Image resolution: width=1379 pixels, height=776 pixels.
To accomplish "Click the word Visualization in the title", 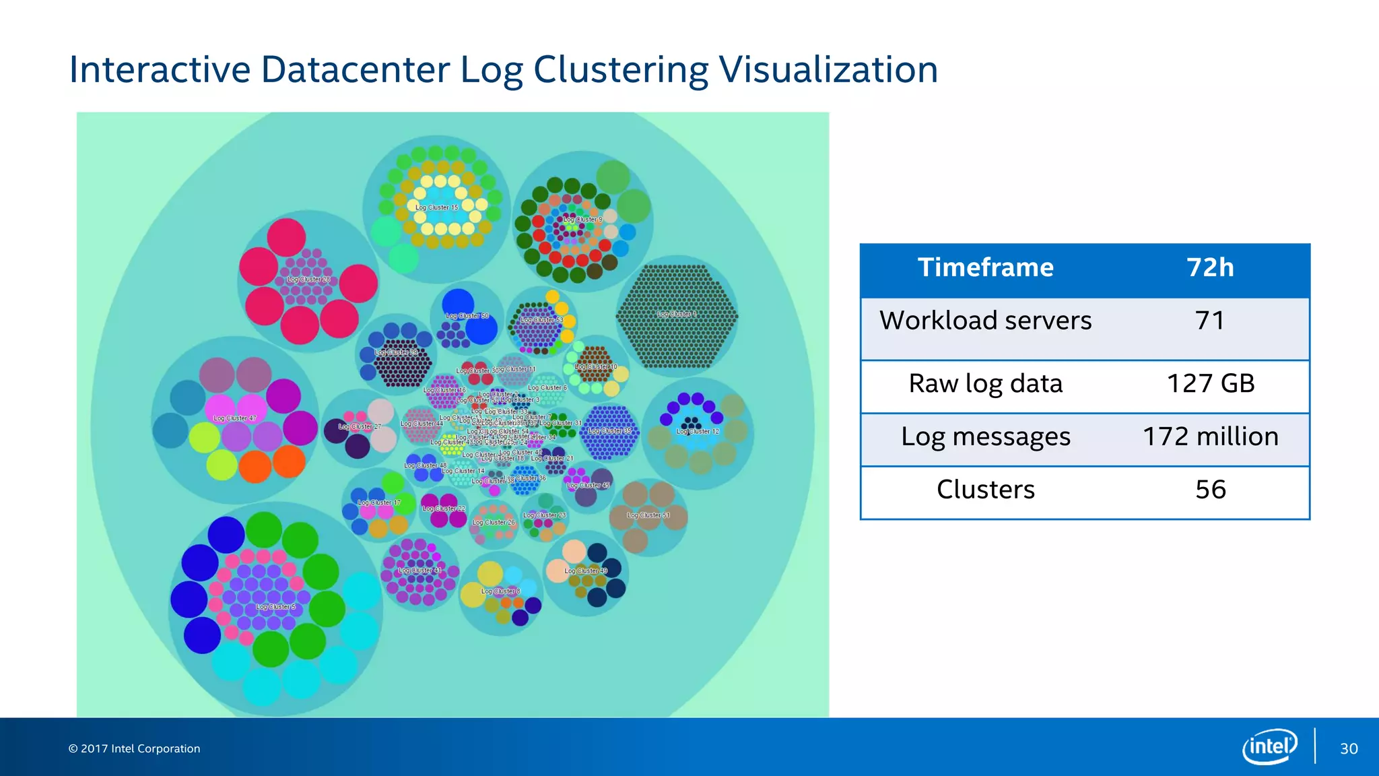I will (828, 69).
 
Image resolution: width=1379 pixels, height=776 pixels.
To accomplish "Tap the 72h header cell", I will (1210, 267).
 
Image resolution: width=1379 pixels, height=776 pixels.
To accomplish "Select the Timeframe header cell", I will (985, 267).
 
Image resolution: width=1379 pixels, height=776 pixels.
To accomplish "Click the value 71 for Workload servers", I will (1209, 321).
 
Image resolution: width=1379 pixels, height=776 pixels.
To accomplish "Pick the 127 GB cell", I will (1210, 383).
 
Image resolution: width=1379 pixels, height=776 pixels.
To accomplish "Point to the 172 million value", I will (1210, 437).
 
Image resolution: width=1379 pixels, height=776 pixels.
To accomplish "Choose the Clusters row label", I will (985, 490).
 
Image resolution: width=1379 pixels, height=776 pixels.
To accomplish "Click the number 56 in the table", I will (1210, 490).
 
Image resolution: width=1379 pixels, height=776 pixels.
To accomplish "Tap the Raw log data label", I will (985, 383).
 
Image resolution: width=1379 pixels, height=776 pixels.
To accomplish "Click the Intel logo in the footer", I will (1269, 746).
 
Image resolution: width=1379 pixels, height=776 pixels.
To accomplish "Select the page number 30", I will (1349, 748).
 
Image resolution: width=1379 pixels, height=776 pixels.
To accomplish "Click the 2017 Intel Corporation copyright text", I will (134, 748).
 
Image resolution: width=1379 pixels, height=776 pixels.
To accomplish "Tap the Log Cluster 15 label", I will (436, 207).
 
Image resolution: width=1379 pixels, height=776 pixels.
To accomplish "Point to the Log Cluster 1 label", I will (677, 314).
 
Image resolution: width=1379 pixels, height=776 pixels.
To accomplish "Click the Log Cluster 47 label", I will (235, 418).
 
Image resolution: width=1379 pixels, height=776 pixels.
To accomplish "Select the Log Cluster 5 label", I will (275, 607).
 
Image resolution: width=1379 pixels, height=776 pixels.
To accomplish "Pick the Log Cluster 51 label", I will (648, 515).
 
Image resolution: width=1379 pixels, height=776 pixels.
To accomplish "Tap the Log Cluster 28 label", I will (308, 279).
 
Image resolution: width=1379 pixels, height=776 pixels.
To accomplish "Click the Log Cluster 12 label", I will (698, 431).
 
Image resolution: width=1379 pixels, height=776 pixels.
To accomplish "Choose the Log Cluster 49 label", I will (586, 571).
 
